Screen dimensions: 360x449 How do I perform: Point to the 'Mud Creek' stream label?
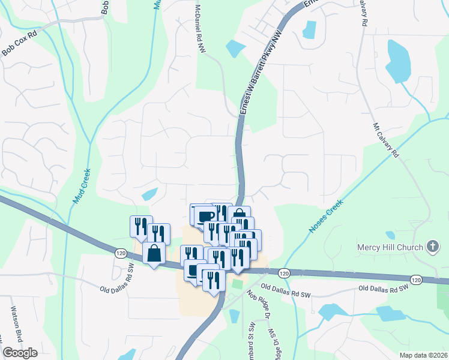point(82,186)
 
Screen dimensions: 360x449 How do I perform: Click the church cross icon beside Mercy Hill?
point(432,246)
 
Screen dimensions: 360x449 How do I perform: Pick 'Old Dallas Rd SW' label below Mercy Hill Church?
point(385,289)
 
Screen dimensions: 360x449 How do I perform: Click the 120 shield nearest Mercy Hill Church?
point(415,280)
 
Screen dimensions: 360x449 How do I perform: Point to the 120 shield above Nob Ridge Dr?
point(284,273)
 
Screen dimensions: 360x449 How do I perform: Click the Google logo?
point(20,353)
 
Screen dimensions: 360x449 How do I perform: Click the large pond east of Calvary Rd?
point(397,60)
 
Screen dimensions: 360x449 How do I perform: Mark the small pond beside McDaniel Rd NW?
point(235,47)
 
